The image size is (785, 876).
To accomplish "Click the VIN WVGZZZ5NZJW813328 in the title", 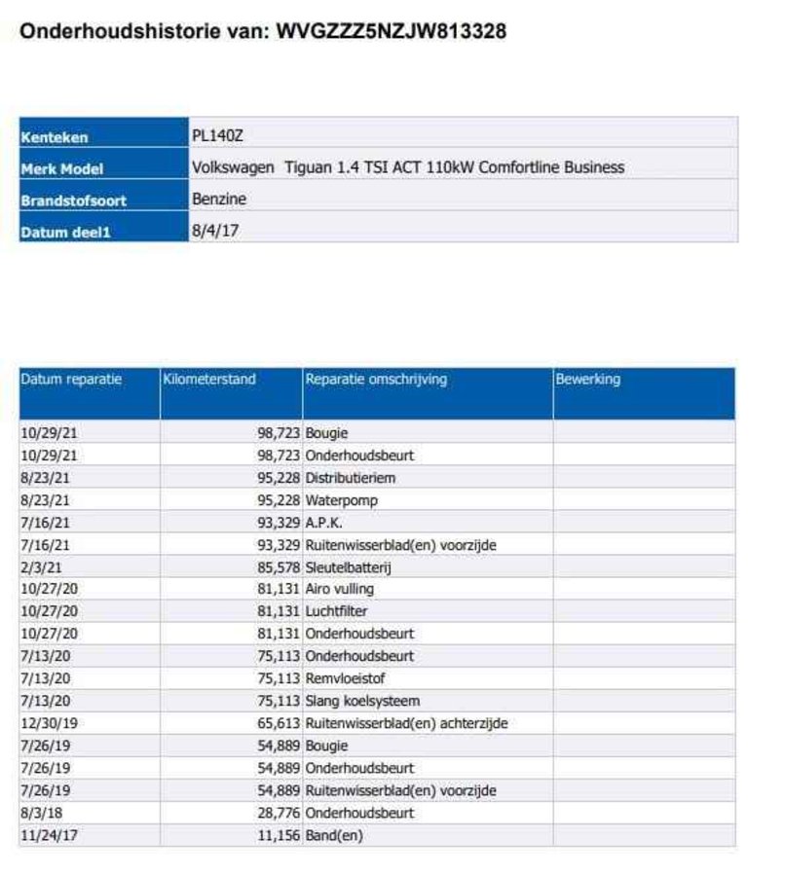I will point(392,31).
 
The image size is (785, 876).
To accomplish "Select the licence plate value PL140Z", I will point(217,136).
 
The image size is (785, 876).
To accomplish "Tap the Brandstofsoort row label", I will point(74,201).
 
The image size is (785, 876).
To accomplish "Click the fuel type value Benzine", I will point(219,200).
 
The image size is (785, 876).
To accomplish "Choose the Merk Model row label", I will point(62,169).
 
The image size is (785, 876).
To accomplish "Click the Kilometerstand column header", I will point(209,380).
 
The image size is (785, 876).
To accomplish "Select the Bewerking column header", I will point(587,380).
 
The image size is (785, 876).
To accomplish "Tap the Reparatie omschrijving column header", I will point(376,380).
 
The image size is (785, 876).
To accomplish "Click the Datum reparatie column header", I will point(71,380).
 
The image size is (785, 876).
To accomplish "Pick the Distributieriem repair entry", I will point(351,478).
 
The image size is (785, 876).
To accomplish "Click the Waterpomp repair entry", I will point(341,500).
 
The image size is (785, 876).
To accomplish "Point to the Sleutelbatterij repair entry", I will point(348,566).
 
